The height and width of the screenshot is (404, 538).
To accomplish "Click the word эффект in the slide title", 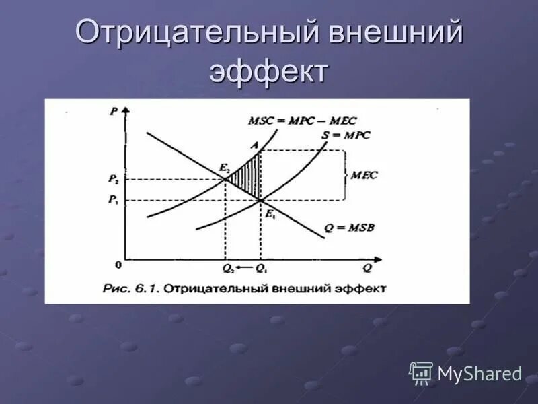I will (x=269, y=71).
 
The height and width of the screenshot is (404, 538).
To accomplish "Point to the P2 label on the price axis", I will (x=112, y=179).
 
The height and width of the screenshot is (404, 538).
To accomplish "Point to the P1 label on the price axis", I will (x=112, y=200).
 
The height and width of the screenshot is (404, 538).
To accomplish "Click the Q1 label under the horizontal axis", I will (x=261, y=269).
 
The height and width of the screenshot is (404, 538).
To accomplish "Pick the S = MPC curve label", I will (x=346, y=135).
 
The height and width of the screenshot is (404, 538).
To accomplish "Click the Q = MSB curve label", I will (x=349, y=227).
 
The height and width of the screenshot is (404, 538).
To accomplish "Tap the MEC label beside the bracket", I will (x=364, y=175).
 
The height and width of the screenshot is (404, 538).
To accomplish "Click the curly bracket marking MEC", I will (x=344, y=175).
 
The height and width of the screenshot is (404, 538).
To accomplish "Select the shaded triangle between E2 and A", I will (x=247, y=174).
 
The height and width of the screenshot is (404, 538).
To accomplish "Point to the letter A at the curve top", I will (x=254, y=143).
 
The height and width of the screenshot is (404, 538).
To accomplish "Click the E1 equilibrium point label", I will (x=270, y=213).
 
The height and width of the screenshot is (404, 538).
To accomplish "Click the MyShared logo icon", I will (x=421, y=373).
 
